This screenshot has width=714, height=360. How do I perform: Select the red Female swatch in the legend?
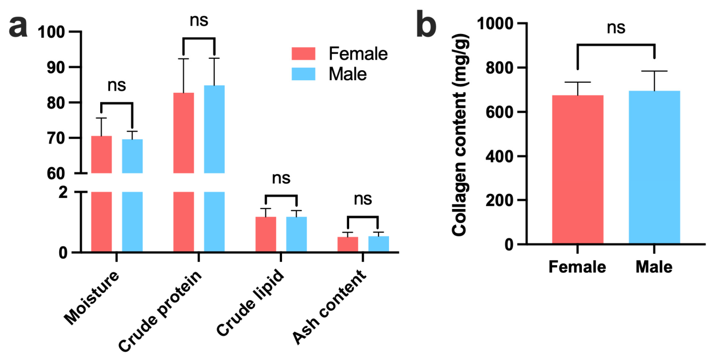tap(304, 53)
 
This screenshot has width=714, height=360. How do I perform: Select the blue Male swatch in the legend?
tap(304, 74)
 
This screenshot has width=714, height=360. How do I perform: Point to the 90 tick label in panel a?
tap(56, 68)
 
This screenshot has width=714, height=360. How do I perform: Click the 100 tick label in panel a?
tap(51, 32)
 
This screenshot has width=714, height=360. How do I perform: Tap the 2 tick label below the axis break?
tap(63, 192)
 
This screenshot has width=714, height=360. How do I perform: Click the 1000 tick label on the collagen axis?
tap(495, 24)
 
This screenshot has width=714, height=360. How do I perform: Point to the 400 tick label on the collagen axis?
tap(500, 156)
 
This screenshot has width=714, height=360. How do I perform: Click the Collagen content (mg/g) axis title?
tap(460, 135)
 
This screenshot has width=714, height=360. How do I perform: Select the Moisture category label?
tap(92, 298)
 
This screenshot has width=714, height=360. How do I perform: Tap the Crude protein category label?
tap(160, 311)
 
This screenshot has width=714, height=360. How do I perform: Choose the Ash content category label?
tap(329, 307)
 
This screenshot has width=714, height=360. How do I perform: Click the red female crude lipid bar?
tap(266, 234)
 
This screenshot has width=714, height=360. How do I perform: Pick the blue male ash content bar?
tap(378, 244)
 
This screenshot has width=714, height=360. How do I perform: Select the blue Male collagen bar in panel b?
tap(654, 167)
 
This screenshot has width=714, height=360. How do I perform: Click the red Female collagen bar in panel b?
tap(578, 169)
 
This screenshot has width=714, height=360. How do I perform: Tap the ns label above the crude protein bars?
tap(199, 21)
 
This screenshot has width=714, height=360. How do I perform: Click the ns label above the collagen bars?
tap(616, 28)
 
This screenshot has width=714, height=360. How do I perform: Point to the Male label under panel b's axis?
tap(654, 267)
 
